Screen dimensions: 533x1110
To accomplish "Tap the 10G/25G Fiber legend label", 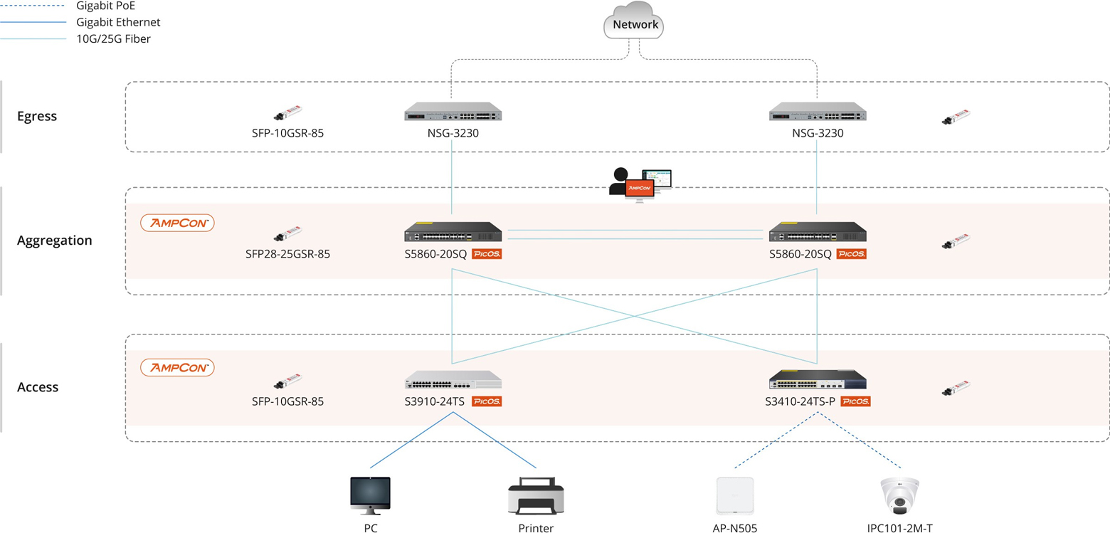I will click(x=113, y=39).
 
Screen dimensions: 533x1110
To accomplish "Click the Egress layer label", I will click(x=37, y=116).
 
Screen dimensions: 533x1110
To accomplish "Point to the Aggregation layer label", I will click(x=55, y=241).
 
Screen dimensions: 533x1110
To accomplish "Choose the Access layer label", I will click(x=38, y=387).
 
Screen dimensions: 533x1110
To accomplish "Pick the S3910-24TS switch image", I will click(x=453, y=379).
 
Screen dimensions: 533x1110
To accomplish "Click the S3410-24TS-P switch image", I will click(x=818, y=379).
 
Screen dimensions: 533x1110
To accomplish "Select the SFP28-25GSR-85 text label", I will click(x=287, y=254).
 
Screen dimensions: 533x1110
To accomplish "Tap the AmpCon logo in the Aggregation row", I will click(x=177, y=223).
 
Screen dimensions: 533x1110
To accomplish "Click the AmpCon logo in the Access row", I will click(x=177, y=368).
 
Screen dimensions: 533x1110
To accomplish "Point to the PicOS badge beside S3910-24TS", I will click(x=487, y=402).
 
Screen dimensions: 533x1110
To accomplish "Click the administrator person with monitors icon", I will click(x=639, y=183).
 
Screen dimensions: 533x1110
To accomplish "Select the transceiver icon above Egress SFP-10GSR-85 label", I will click(x=287, y=115).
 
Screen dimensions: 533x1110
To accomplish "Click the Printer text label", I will click(x=536, y=528).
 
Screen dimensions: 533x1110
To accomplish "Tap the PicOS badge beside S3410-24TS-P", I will click(x=855, y=402).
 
